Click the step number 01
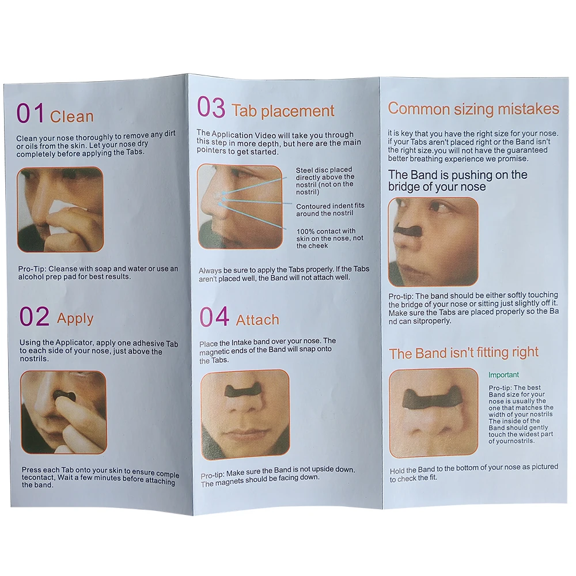(30, 113)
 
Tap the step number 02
(35, 316)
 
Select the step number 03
(211, 107)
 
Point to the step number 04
(214, 317)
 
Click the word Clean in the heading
(71, 117)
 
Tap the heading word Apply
(75, 319)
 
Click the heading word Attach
(257, 320)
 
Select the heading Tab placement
(283, 111)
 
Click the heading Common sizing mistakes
(473, 109)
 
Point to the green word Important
(503, 375)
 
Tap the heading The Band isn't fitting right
(464, 353)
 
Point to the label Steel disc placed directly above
(325, 181)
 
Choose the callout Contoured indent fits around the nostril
(330, 210)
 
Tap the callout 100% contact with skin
(330, 238)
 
